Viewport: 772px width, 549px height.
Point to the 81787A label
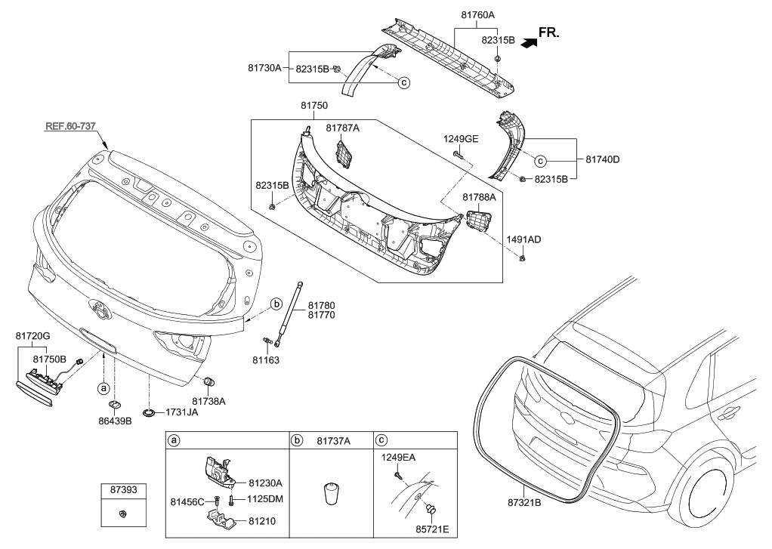(x=342, y=128)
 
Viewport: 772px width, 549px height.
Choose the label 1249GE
(x=461, y=140)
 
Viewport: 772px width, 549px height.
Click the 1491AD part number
(x=524, y=239)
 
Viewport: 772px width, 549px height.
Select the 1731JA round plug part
(x=149, y=413)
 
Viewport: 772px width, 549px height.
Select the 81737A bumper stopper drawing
(x=330, y=494)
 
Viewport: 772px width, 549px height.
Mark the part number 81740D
(x=603, y=159)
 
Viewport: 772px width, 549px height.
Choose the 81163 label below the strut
(x=266, y=360)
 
